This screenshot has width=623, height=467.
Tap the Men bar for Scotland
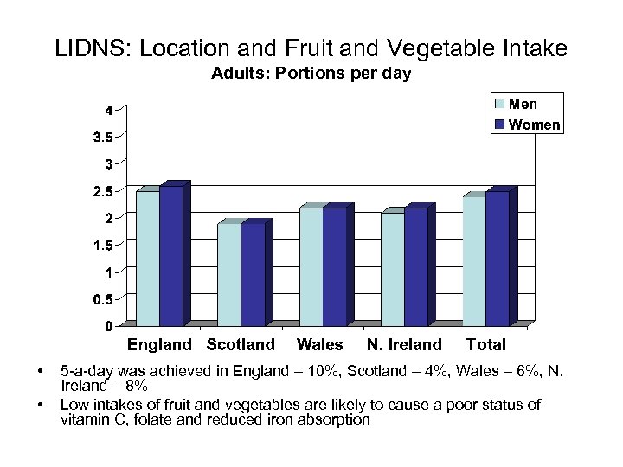click(229, 274)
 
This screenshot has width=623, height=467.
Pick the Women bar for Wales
click(334, 266)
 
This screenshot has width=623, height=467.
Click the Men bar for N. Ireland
click(392, 269)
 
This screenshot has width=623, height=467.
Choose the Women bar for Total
click(498, 259)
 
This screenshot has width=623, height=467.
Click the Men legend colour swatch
click(499, 104)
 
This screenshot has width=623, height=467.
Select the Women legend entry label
click(535, 125)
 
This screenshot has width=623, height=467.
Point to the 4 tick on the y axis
click(108, 110)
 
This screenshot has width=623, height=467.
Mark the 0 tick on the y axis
click(108, 326)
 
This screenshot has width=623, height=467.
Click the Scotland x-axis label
click(241, 344)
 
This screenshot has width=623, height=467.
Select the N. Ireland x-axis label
click(404, 344)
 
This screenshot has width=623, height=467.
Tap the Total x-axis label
click(485, 344)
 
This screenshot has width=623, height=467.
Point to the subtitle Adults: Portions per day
click(311, 74)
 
